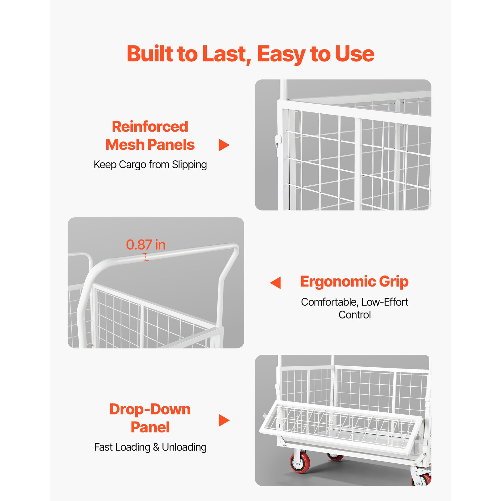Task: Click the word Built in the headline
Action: coord(150,54)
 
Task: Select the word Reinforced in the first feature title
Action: coord(150,127)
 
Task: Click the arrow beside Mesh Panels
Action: coord(224,145)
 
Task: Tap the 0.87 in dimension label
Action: coord(146,245)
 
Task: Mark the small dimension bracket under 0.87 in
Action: coord(146,257)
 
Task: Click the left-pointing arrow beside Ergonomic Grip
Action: coord(276,282)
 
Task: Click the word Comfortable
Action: coord(329,302)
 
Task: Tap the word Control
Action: coord(354,315)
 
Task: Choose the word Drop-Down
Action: coord(150,409)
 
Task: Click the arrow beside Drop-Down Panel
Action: coord(224,420)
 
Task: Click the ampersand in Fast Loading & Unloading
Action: coord(156,447)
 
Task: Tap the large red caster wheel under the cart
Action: coord(299,462)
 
